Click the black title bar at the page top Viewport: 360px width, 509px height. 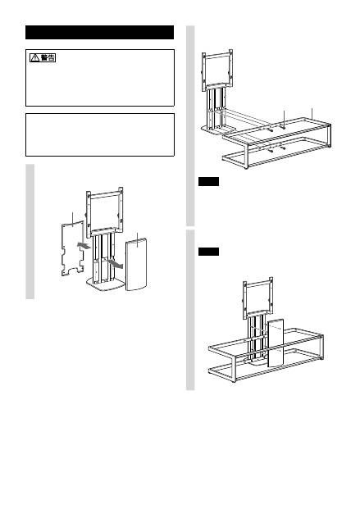(99, 33)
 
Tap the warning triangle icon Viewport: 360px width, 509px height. (34, 58)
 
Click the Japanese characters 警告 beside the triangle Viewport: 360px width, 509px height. (48, 58)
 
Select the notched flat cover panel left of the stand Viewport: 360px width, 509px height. (72, 248)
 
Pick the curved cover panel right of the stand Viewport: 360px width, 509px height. (136, 264)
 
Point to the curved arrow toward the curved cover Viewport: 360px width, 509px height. (116, 262)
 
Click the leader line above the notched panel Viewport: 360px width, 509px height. (72, 218)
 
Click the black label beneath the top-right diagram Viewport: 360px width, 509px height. (208, 181)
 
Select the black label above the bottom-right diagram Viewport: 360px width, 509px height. (208, 252)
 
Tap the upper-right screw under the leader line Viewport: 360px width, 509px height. (283, 128)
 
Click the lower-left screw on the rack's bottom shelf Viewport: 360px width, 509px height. (270, 151)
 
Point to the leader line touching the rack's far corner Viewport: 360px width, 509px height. (312, 114)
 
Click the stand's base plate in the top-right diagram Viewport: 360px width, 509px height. (218, 130)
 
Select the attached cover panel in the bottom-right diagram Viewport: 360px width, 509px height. (276, 343)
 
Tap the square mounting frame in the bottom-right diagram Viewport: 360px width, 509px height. (258, 297)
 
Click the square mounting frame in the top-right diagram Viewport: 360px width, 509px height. (217, 69)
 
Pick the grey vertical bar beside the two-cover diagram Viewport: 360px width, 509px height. (30, 231)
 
